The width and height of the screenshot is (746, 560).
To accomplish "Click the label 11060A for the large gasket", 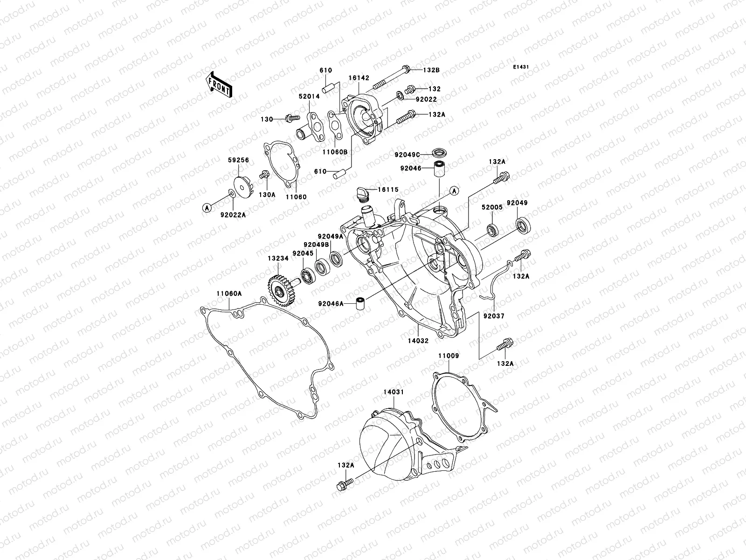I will (228, 294).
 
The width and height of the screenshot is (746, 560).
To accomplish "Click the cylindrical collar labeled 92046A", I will (359, 304).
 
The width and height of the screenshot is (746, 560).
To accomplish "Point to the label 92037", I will (493, 316).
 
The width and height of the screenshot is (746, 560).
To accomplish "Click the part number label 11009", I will (448, 356).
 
